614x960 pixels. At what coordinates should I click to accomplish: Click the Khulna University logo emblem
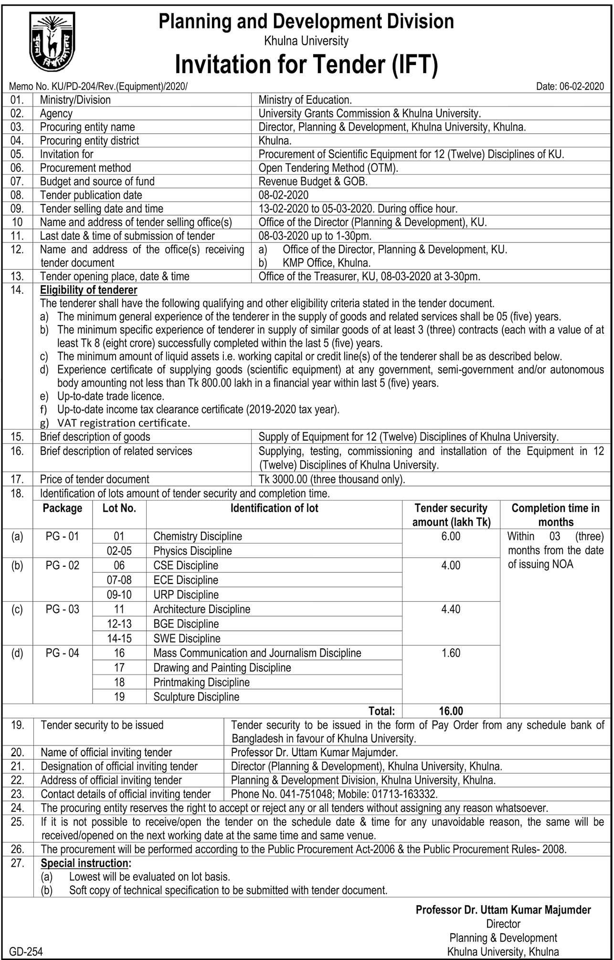point(52,42)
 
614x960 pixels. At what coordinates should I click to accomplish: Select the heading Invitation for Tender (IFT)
point(306,65)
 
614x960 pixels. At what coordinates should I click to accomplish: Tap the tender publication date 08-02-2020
point(283,195)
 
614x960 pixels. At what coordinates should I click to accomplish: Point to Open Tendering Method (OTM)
point(328,168)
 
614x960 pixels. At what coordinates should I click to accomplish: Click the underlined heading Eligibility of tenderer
point(88,290)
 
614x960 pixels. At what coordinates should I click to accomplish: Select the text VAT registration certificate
point(124,423)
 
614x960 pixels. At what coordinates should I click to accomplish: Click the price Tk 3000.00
point(286,479)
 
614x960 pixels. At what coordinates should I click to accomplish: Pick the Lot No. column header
point(119,508)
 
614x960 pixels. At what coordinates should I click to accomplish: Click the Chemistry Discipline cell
point(198,537)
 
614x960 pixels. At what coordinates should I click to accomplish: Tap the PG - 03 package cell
point(63,609)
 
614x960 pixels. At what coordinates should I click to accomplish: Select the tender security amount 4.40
point(451,609)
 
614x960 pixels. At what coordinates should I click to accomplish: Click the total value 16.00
point(451,711)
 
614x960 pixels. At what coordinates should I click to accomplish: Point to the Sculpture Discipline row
point(196,697)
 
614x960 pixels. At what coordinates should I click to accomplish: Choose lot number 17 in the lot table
point(119,668)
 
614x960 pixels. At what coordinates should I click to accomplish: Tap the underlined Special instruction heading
point(85,863)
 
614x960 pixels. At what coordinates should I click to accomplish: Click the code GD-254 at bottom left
point(26,951)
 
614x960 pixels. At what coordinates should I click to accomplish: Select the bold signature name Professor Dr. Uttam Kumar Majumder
point(503,910)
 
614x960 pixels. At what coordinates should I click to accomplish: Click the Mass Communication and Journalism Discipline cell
point(257,653)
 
